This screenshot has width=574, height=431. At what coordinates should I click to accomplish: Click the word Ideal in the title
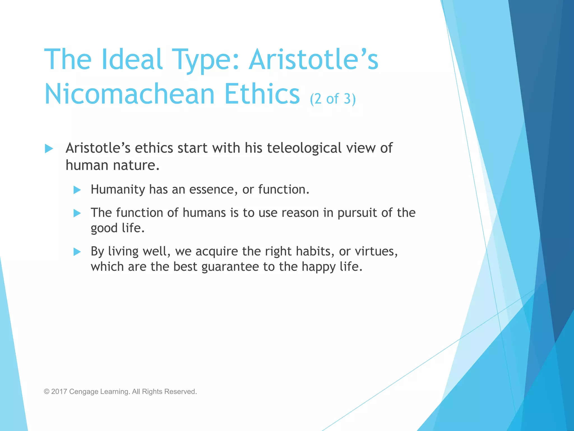tap(132, 59)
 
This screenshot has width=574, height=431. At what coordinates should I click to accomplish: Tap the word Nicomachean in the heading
tap(129, 94)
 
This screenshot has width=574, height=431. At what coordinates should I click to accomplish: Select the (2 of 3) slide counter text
tap(333, 99)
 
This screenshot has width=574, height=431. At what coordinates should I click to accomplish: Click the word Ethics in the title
tap(262, 94)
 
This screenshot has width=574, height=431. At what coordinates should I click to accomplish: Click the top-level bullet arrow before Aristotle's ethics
tap(49, 148)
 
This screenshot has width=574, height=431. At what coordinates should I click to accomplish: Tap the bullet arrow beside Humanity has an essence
tap(77, 190)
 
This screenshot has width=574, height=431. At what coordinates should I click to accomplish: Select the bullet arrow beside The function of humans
tap(77, 213)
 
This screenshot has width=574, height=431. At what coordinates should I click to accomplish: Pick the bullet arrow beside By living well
tap(77, 252)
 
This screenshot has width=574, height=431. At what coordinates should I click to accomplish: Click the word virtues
tap(376, 251)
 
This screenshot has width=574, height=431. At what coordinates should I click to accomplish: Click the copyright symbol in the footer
tap(47, 392)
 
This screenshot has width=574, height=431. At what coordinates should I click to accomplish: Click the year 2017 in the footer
tap(59, 392)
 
